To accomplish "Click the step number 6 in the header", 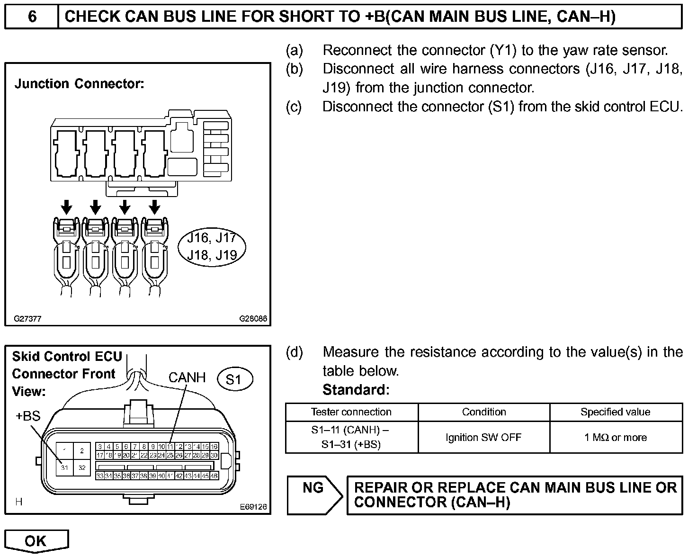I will point(32,17).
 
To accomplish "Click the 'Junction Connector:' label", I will point(79,84).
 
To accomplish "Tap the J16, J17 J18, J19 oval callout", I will point(212,246).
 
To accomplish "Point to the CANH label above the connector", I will point(187,377).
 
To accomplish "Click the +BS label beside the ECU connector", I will point(28,416).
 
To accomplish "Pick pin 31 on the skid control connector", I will point(64,467).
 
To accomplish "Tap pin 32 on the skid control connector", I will point(82,467).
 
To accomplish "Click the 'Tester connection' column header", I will point(351,412).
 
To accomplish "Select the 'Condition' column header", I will point(484,412).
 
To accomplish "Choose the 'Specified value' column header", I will point(615,412).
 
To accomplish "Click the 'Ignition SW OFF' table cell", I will point(483,437).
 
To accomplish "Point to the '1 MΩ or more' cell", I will point(616,437).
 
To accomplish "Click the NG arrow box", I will point(314,495).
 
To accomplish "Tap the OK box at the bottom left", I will point(36,540).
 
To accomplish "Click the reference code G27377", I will point(27,319).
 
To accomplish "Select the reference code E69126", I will point(253,507).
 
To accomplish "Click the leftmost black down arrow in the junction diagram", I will point(67,207).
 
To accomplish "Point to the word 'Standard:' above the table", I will point(356,390).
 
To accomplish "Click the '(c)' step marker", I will point(294,107).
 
